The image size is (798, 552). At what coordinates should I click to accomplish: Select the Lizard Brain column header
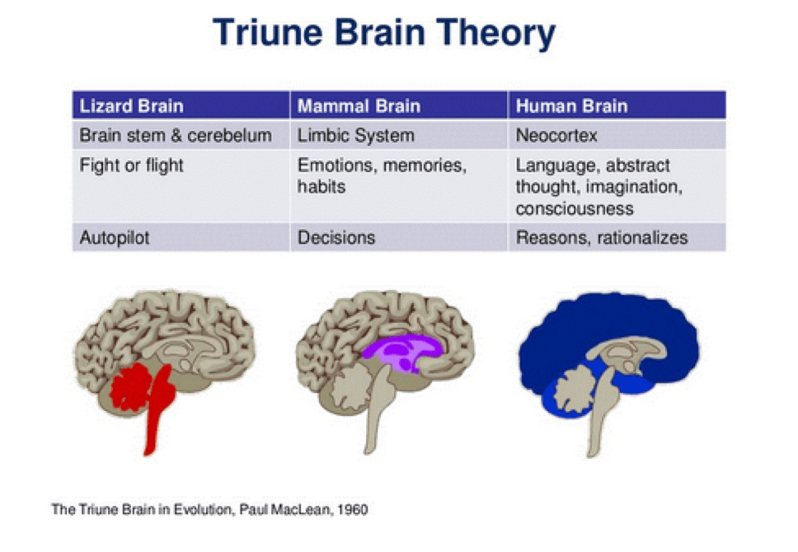[131, 106]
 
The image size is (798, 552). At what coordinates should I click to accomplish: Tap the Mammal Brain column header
[359, 106]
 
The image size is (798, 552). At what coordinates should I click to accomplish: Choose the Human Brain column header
[571, 106]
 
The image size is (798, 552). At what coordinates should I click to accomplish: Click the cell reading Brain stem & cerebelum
[175, 135]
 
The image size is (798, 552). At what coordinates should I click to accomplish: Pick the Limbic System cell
[355, 135]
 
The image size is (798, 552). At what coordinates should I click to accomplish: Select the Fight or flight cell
[131, 166]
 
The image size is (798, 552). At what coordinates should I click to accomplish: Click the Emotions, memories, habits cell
[381, 175]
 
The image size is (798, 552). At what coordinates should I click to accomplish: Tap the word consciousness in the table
[575, 208]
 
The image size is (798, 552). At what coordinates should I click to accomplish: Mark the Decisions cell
[336, 238]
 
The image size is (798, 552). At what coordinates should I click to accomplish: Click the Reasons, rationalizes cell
[601, 238]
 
